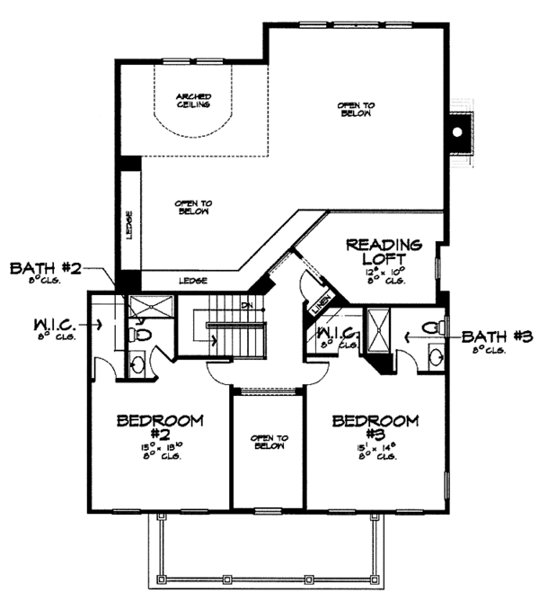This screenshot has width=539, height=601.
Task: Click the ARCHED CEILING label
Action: (193, 100)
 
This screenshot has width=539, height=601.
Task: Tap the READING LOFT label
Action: (384, 251)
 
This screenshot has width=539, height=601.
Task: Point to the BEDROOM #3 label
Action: (376, 426)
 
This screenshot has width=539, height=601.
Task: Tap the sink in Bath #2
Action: (137, 364)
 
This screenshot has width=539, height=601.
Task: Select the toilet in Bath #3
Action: (431, 327)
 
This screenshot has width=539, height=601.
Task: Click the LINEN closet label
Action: (323, 304)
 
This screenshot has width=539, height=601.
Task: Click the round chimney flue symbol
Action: (459, 131)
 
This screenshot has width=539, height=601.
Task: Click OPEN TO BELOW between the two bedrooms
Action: (269, 441)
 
